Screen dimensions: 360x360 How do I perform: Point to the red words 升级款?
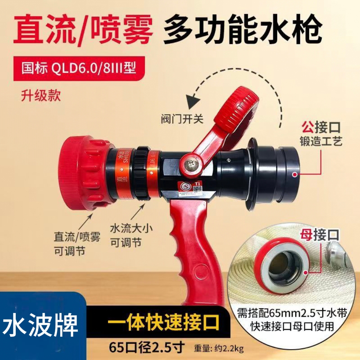41,95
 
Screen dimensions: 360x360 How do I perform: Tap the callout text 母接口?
320,235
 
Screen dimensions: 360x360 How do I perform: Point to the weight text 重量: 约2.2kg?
218,349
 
